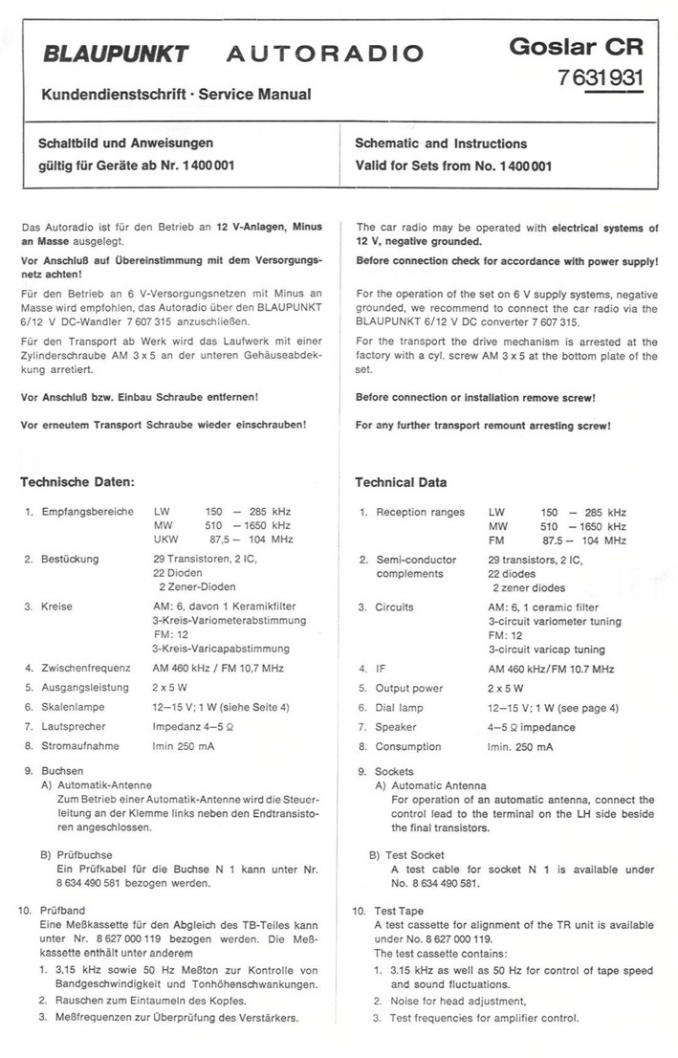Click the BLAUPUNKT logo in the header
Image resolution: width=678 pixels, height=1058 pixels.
point(115,54)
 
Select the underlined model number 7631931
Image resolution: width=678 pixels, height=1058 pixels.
point(601,78)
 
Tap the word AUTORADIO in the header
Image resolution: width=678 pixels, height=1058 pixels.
point(324,54)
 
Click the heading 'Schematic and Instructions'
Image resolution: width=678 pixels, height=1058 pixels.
point(441,143)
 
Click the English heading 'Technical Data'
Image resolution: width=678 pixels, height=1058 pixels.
point(401,482)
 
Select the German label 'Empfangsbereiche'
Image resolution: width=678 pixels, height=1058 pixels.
point(87,512)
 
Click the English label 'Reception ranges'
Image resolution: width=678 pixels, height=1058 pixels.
point(420,512)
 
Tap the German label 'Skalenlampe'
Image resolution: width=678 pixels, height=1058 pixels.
point(73,706)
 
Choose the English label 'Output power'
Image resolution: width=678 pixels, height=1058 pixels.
point(409,687)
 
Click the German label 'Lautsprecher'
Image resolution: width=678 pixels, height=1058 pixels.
point(77,726)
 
